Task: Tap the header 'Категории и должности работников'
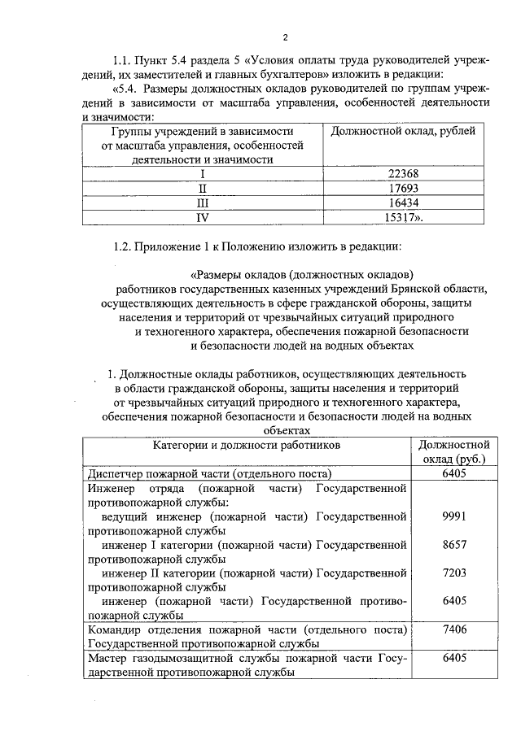[x=245, y=446]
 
